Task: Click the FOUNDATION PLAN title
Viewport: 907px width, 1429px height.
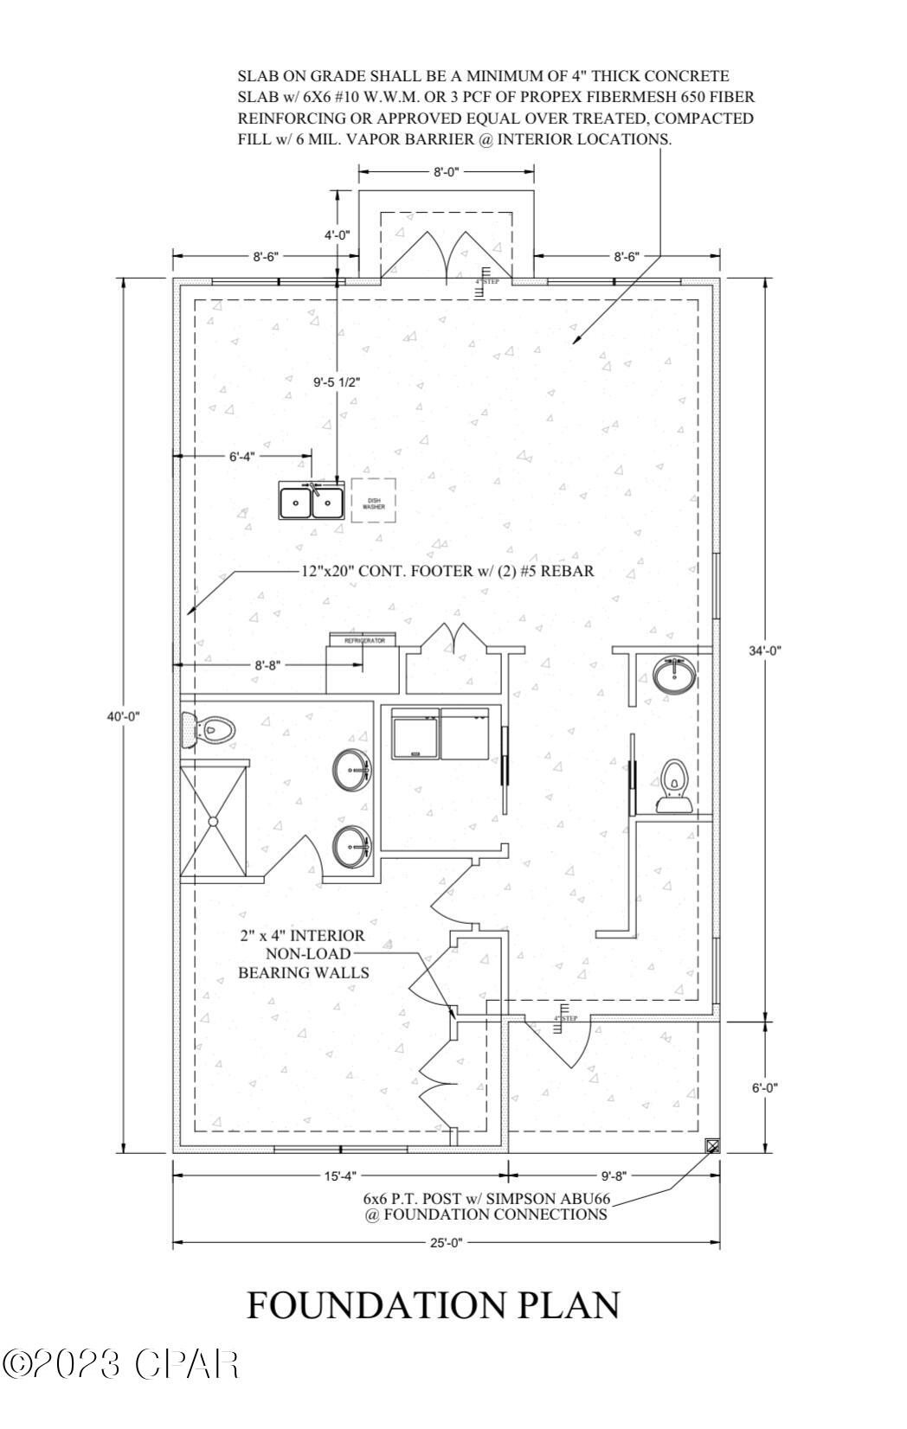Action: tap(433, 1305)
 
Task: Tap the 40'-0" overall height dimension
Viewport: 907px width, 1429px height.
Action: tap(122, 715)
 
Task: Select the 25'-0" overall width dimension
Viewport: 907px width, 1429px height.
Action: tap(446, 1243)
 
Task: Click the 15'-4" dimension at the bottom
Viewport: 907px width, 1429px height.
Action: tap(339, 1176)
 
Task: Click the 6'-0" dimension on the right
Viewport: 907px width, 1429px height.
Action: tap(764, 1087)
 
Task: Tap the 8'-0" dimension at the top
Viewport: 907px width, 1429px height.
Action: tap(446, 172)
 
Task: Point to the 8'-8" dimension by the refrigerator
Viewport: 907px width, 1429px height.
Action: tap(267, 664)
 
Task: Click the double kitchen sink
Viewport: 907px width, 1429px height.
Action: tap(312, 501)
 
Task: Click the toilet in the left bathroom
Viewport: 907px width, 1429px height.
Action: tap(210, 729)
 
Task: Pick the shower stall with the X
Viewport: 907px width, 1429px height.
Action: tap(213, 819)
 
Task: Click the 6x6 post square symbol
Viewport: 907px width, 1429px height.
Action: tap(712, 1146)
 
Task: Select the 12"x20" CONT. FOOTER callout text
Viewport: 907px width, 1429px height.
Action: tap(447, 572)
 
